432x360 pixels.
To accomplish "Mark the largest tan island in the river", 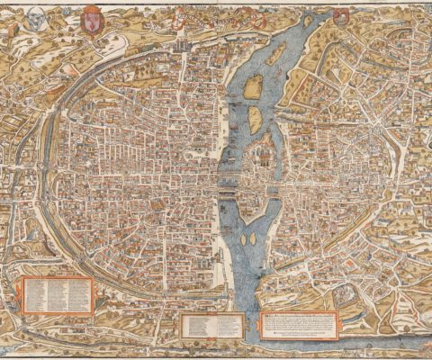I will coord(255,86).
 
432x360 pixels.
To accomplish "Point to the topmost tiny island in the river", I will coord(307,20).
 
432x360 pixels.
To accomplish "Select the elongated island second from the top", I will coord(274,54).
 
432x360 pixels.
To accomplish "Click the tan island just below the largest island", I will coord(256,117).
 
